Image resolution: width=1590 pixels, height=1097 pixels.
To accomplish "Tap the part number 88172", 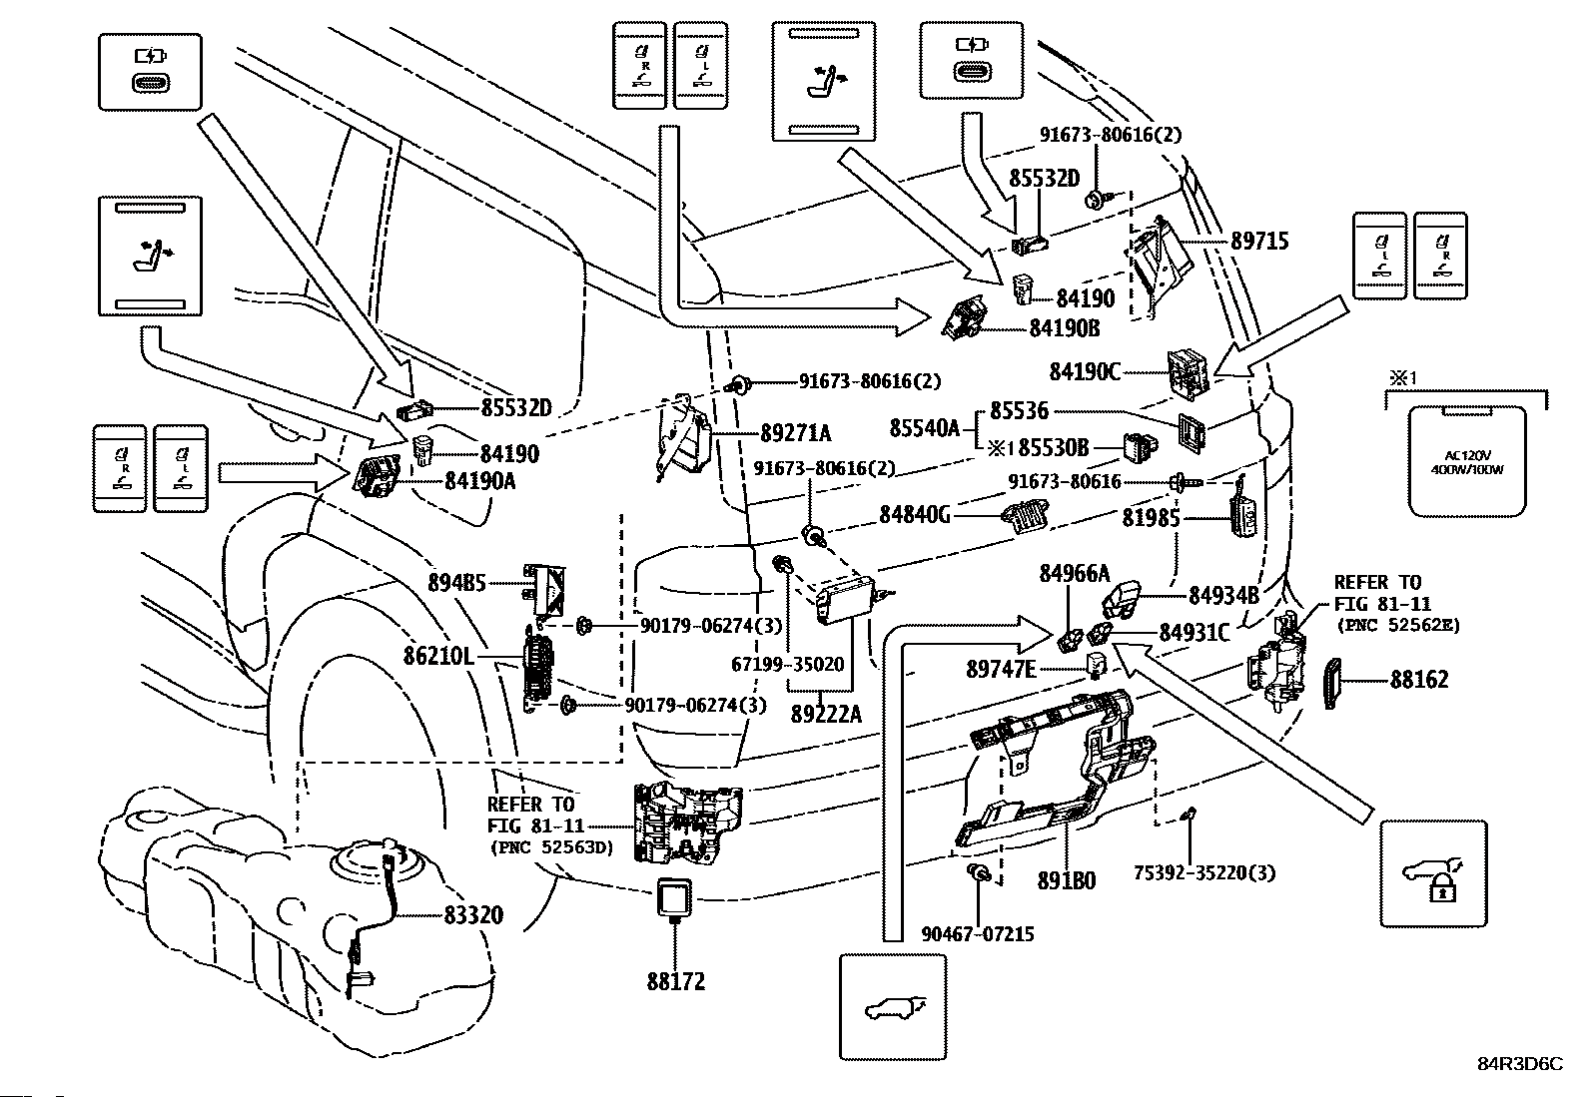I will click(x=675, y=981).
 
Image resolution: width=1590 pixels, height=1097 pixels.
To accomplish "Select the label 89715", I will click(x=1259, y=242).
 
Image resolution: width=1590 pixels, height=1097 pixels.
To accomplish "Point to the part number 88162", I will click(x=1419, y=680).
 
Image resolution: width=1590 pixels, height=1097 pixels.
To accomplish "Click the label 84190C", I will click(x=1085, y=371).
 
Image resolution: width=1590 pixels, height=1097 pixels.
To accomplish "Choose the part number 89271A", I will click(x=795, y=433).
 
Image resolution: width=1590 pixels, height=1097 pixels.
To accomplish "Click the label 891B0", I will click(x=1066, y=881).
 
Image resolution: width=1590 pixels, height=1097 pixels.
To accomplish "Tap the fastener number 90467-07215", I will click(x=978, y=934).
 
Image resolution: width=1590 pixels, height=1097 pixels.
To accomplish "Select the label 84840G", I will click(x=915, y=515).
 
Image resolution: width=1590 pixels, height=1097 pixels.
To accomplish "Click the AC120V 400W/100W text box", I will click(x=1466, y=462).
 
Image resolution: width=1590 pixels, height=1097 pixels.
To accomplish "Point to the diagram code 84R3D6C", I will click(x=1520, y=1064).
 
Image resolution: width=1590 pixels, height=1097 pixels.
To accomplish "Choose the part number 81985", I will click(x=1152, y=517).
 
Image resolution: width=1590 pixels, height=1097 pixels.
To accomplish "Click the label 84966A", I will click(x=1074, y=574).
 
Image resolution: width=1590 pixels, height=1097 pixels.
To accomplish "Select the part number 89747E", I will click(x=1001, y=669).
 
